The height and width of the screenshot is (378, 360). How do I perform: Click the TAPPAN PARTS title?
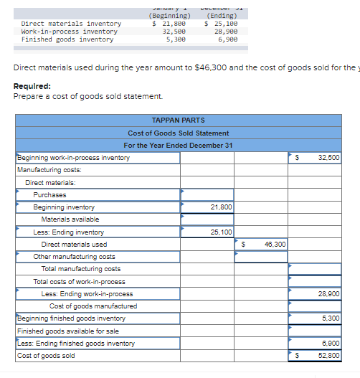(x=179, y=120)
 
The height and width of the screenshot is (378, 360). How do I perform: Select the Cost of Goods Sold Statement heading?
(x=179, y=133)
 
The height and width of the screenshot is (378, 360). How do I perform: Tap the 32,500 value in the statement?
(x=328, y=158)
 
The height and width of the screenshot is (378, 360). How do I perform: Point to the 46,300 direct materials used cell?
(x=274, y=245)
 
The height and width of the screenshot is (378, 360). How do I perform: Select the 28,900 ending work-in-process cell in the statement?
(x=328, y=294)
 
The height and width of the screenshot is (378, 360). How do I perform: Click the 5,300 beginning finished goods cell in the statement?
(x=331, y=318)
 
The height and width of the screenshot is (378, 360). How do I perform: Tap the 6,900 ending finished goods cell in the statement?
(x=331, y=344)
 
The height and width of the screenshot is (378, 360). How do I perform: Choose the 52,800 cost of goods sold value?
(x=328, y=356)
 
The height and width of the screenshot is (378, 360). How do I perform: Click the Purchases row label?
(x=49, y=195)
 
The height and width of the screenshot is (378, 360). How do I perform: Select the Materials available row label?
(x=70, y=219)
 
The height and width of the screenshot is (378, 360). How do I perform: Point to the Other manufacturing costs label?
(x=74, y=257)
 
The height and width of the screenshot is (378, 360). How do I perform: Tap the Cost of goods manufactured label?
(x=93, y=306)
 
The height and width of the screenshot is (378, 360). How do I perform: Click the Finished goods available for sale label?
(x=68, y=331)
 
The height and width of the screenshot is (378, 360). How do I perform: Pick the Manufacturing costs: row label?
(x=49, y=170)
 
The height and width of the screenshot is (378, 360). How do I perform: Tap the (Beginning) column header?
(x=170, y=16)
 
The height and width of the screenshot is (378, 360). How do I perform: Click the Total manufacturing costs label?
(x=81, y=269)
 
